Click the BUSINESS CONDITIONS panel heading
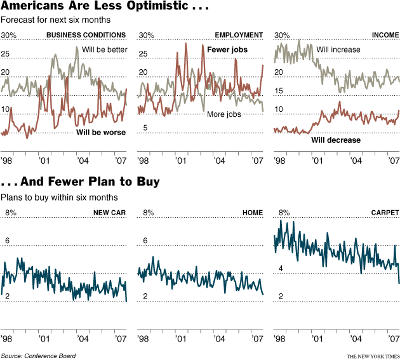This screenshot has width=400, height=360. point(86,35)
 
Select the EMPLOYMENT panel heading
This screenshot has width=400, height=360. point(239,35)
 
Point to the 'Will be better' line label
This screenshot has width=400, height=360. point(105,50)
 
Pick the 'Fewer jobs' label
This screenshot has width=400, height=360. point(227,50)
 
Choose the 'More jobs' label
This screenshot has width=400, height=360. point(224,114)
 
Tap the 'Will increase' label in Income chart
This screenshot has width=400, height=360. point(338,50)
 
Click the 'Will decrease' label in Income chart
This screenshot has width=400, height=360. point(335,140)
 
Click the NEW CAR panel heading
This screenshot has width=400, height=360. point(109,213)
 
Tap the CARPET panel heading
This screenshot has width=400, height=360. point(385,213)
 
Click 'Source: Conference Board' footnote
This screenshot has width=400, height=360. point(38,356)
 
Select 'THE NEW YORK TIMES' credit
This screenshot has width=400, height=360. point(373,356)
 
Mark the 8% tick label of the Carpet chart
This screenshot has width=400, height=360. point(284,213)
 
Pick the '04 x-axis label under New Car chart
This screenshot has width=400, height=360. point(83,338)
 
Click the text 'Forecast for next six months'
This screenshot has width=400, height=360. point(50,22)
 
